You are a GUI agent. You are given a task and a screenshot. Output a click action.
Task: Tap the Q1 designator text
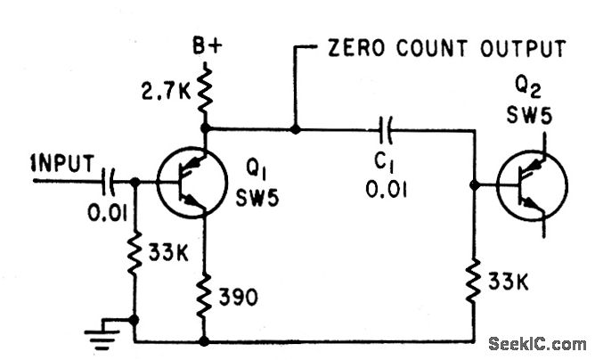(x=257, y=168)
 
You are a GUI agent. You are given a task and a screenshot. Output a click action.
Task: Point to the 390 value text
(x=239, y=299)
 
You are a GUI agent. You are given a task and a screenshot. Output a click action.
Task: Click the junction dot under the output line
(x=296, y=130)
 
